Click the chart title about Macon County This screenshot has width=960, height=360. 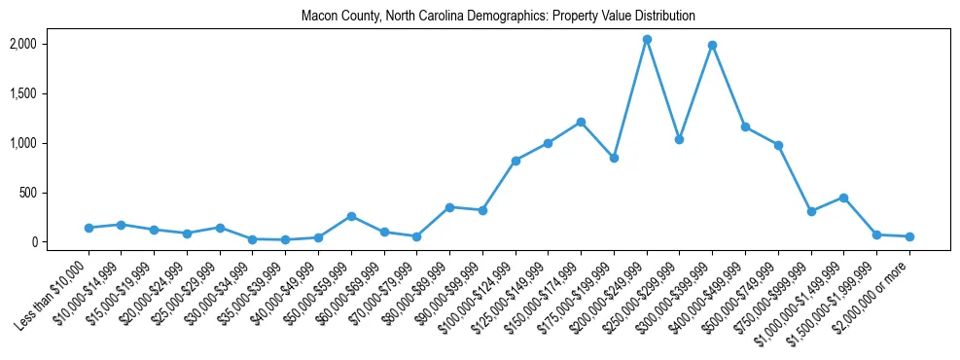[x=498, y=16]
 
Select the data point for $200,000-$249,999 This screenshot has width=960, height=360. [x=647, y=39]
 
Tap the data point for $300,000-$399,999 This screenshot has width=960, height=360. [x=712, y=45]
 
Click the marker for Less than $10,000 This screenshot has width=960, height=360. [x=89, y=228]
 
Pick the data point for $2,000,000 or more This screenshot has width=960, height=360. [x=909, y=236]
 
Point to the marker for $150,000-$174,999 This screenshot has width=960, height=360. [x=581, y=122]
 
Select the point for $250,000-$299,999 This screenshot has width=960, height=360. [x=680, y=139]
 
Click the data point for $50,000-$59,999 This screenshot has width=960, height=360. [x=351, y=216]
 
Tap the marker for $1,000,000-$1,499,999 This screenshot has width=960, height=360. [x=843, y=198]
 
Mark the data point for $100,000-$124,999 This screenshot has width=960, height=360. [x=516, y=161]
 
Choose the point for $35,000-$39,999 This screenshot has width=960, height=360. [x=285, y=239]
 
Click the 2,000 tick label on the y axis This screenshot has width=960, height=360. [x=51, y=44]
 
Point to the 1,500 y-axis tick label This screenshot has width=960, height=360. [x=51, y=93]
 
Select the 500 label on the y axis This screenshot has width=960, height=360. [x=56, y=193]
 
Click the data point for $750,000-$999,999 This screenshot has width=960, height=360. [x=811, y=211]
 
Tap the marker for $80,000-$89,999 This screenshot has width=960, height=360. [x=449, y=207]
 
